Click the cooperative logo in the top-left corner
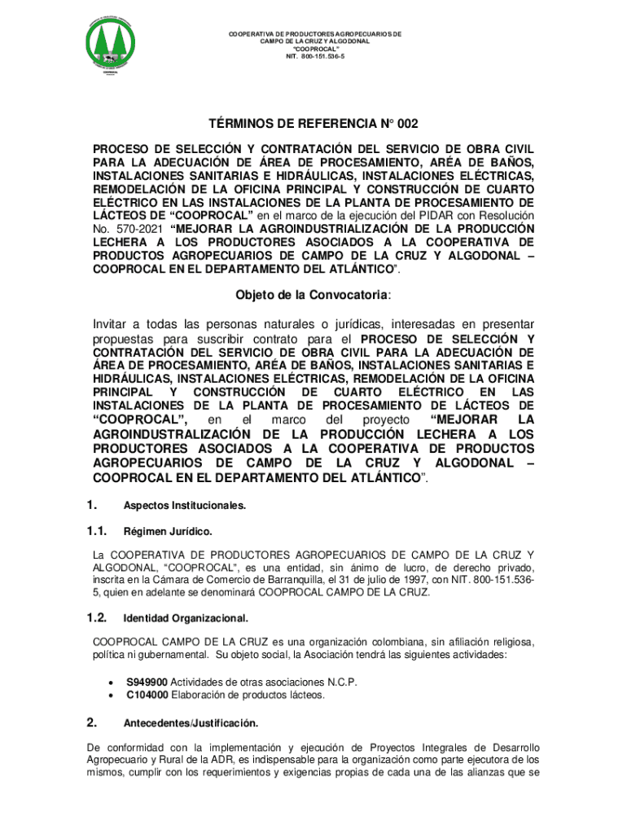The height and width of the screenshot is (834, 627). [x=110, y=45]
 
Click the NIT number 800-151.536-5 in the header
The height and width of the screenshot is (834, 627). [x=314, y=56]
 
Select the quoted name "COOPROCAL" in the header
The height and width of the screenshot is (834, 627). [x=314, y=48]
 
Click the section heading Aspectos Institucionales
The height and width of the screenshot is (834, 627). [x=184, y=506]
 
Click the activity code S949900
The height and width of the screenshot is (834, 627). [x=147, y=682]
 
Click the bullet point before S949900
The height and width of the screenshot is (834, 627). [x=110, y=683]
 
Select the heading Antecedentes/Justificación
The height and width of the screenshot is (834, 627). [x=191, y=722]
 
